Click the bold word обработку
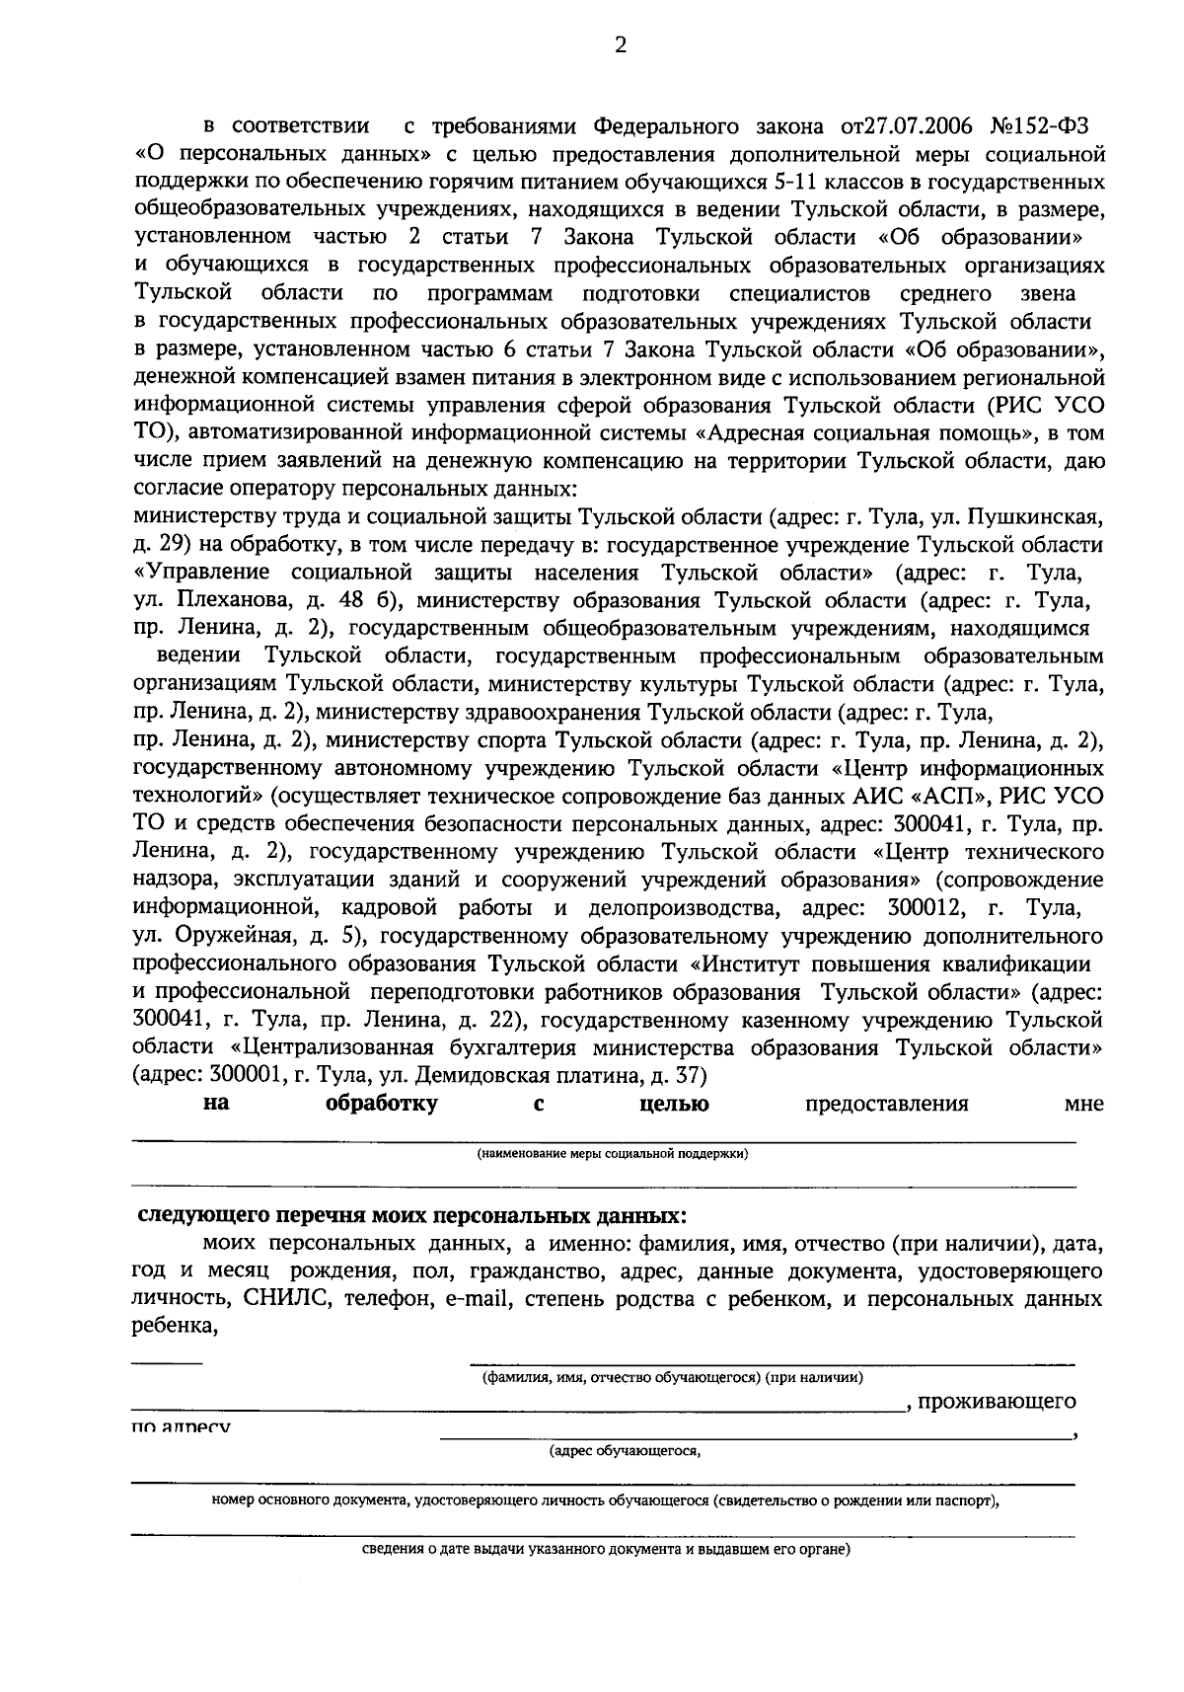coord(382,1104)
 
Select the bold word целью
coord(674,1104)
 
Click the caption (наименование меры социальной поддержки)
coord(612,1153)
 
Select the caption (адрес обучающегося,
coord(625,1450)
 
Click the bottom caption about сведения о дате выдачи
coord(604,1549)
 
